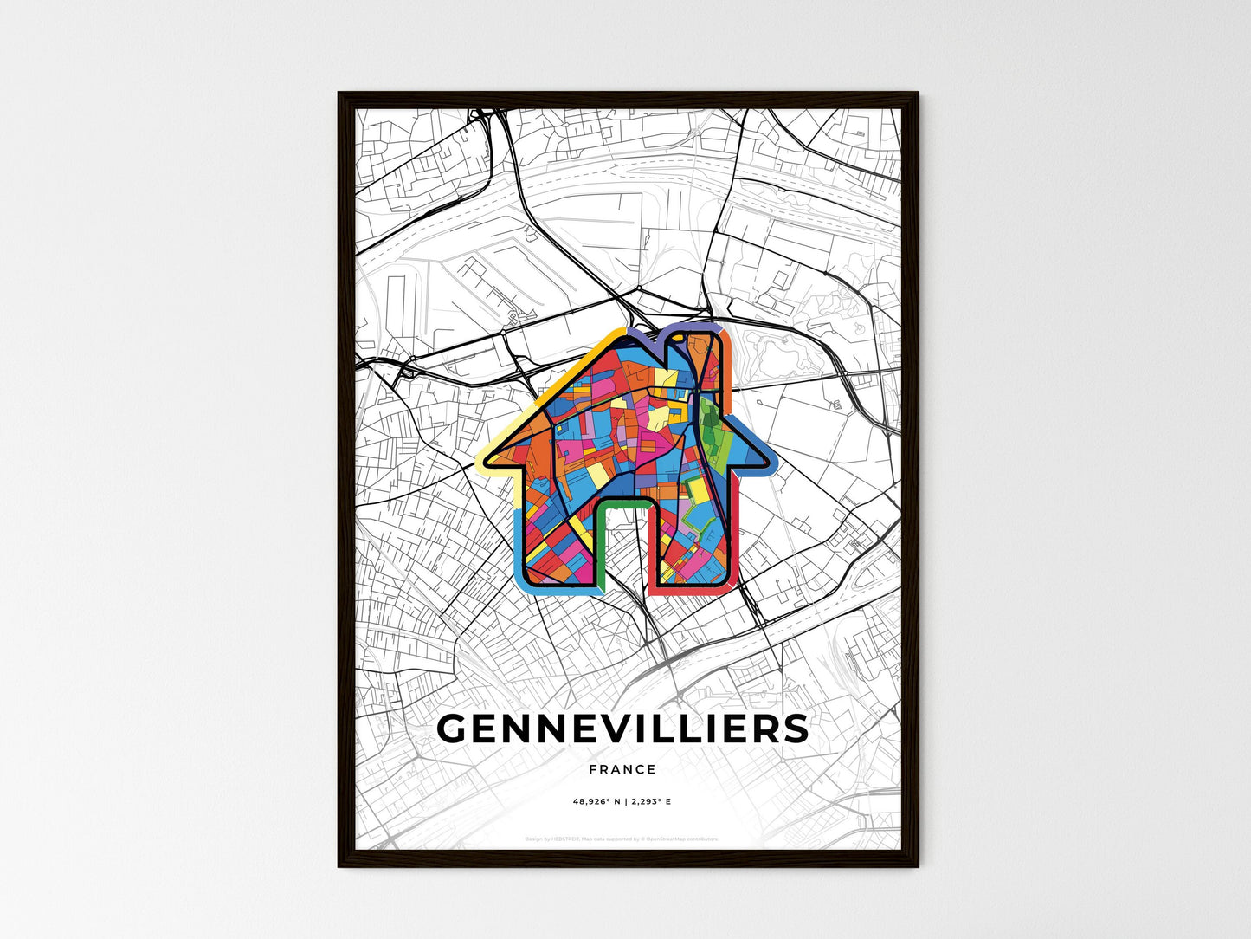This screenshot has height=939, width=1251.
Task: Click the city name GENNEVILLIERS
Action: point(622,729)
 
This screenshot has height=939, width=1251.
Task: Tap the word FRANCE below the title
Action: point(622,769)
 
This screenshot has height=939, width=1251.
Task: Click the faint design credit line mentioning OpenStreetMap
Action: point(622,839)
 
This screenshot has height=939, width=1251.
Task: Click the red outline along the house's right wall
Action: point(738,537)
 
